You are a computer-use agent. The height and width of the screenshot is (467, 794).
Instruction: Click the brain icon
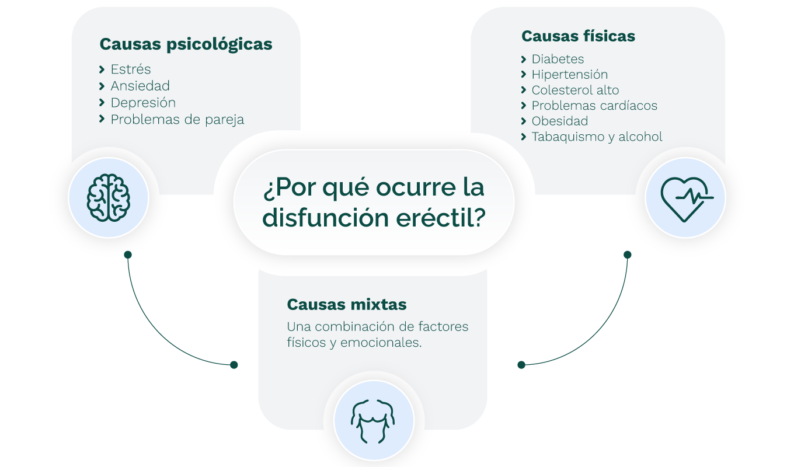(x=109, y=198)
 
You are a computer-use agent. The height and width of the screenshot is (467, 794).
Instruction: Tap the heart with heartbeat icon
(x=685, y=198)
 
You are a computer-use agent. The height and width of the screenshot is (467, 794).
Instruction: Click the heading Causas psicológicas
(x=186, y=44)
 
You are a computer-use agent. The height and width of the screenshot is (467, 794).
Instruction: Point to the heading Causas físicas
(x=578, y=36)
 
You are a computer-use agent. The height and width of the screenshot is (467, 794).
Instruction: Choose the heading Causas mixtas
(x=347, y=305)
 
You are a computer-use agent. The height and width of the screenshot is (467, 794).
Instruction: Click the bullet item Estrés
(x=131, y=69)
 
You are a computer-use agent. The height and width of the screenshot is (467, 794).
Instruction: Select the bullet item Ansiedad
(x=140, y=86)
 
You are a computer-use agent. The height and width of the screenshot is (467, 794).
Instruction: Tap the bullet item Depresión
(x=143, y=103)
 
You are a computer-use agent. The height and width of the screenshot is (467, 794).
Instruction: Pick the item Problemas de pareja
(x=177, y=120)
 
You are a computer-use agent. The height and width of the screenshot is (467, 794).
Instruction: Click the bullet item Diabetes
(x=558, y=59)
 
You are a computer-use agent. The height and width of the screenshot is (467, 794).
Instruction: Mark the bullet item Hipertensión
(x=569, y=75)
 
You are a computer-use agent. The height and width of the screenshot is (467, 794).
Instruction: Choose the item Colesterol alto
(x=575, y=90)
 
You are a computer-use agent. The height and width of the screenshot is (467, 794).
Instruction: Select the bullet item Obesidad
(x=559, y=121)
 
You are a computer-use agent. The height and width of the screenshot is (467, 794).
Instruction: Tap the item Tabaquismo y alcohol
(x=597, y=137)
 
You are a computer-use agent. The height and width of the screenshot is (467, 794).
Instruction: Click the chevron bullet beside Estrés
(x=102, y=70)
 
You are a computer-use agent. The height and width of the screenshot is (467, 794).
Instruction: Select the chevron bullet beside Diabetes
(x=524, y=60)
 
